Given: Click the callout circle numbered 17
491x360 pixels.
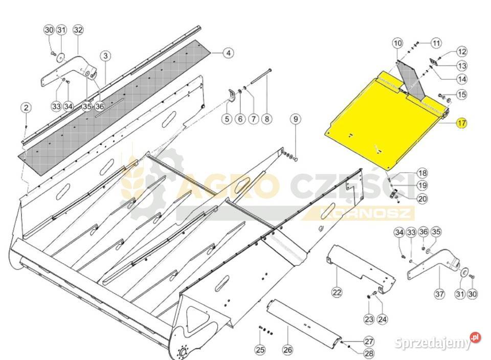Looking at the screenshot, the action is pyautogui.click(x=462, y=123).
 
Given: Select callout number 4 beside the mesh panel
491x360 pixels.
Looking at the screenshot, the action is pyautogui.click(x=228, y=53).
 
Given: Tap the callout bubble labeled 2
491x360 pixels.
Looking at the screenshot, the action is pyautogui.click(x=26, y=108).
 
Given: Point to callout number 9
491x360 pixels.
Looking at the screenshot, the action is pyautogui.click(x=295, y=119).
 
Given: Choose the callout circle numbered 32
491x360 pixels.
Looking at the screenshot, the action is pyautogui.click(x=78, y=30).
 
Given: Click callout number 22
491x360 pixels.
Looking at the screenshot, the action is pyautogui.click(x=337, y=292).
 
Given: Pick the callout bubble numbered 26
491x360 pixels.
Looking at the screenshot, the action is pyautogui.click(x=287, y=350).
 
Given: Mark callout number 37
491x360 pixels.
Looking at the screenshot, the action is pyautogui.click(x=439, y=294).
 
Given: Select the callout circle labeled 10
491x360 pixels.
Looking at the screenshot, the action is pyautogui.click(x=397, y=43).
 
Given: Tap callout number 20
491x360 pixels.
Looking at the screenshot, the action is pyautogui.click(x=422, y=198).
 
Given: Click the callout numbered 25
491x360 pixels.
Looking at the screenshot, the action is pyautogui.click(x=260, y=350).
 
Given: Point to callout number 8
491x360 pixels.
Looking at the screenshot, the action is pyautogui.click(x=266, y=119).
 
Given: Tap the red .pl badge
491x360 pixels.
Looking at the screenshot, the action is pyautogui.click(x=475, y=338).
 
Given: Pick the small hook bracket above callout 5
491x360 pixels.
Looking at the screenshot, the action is pyautogui.click(x=231, y=95).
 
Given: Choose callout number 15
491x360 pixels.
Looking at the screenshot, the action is pyautogui.click(x=462, y=94).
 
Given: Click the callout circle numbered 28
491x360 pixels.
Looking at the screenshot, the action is pyautogui.click(x=369, y=353).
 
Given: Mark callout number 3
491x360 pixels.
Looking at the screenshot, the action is pyautogui.click(x=105, y=56).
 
